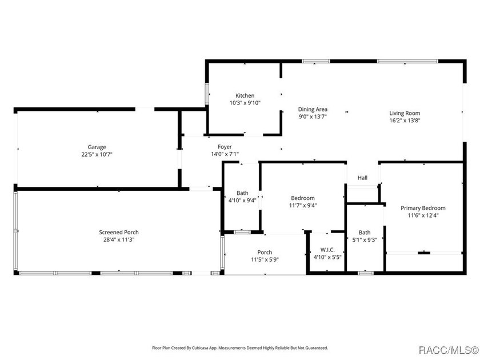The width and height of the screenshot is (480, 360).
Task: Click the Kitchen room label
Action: (245, 95)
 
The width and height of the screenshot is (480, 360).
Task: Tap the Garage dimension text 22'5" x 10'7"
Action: (97, 154)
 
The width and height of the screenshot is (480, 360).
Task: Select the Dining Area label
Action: (313, 109)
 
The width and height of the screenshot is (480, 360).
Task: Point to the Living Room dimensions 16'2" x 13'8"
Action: (405, 121)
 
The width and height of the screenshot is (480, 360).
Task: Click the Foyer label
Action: (225, 147)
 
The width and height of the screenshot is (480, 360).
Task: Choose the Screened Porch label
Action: (119, 233)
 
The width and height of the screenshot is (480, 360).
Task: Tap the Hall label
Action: (362, 178)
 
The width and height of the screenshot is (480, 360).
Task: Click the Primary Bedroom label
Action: (423, 208)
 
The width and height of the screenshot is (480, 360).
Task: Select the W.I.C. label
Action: (327, 250)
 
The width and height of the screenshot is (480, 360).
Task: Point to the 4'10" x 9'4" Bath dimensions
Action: (242, 201)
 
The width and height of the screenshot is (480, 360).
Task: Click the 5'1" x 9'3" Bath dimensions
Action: (365, 240)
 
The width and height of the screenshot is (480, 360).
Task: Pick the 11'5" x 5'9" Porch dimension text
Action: (265, 259)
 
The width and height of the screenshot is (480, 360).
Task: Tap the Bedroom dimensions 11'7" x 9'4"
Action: (303, 205)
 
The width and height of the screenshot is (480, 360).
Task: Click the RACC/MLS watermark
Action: (449, 350)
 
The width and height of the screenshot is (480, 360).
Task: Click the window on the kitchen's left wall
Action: (207, 93)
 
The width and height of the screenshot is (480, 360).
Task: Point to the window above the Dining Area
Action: (315, 61)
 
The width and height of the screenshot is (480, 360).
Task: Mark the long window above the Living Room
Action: (407, 61)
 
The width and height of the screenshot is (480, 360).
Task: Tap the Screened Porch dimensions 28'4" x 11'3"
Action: (119, 239)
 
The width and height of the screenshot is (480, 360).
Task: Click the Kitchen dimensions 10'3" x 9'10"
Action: (245, 103)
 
